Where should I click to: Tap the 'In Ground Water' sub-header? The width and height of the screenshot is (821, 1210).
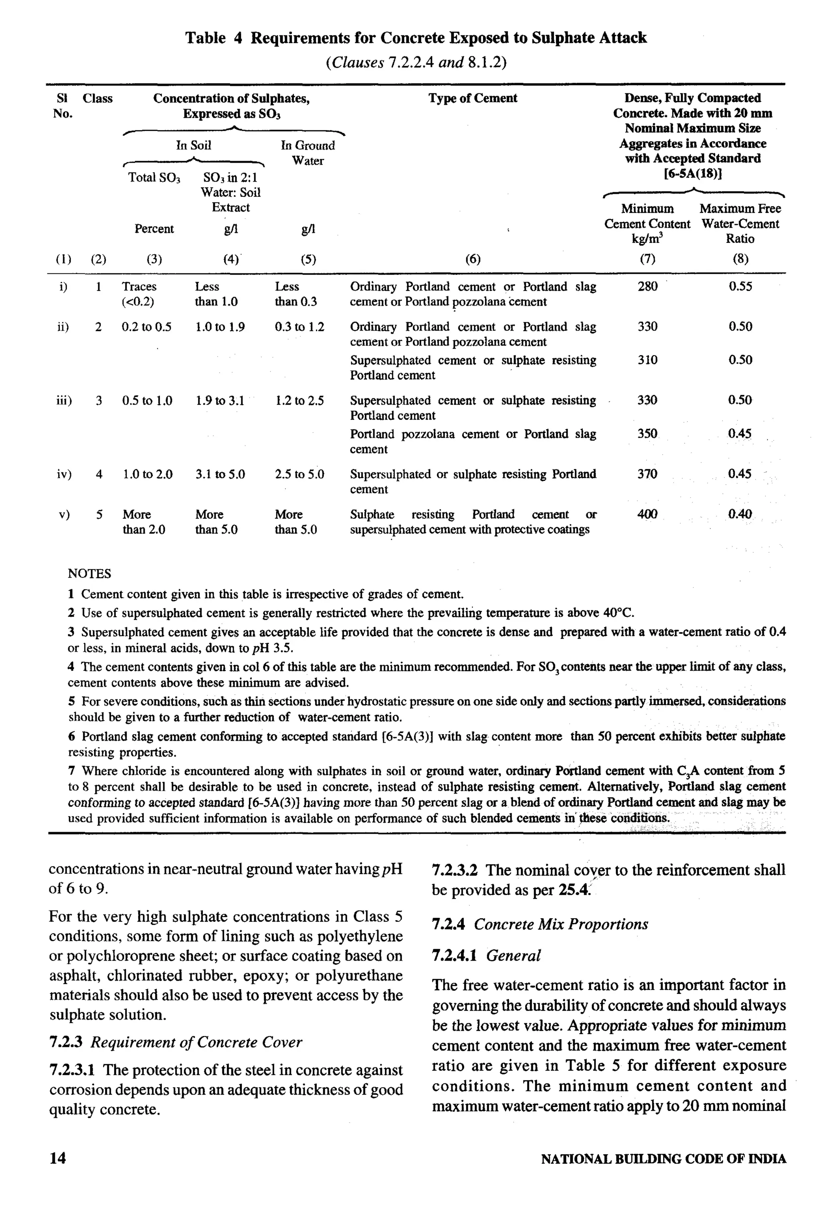pos(308,153)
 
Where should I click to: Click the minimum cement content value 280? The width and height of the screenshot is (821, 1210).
pos(647,286)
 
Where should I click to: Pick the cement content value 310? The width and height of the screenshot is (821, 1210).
pos(647,360)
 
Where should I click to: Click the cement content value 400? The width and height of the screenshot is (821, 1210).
pos(647,514)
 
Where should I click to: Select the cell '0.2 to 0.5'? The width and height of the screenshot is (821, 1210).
pos(146,327)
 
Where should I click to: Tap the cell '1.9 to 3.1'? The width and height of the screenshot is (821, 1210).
pos(220,401)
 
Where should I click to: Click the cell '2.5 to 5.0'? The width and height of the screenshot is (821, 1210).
pos(299,474)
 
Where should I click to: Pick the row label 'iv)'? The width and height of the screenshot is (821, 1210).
pos(64,474)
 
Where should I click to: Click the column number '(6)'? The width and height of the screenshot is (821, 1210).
pos(472,259)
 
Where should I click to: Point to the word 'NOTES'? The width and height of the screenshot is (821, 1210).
pos(89,574)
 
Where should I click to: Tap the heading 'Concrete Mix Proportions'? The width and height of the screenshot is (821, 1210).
pos(561,924)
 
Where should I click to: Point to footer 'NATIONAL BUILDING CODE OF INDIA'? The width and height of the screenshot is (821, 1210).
pos(663,1159)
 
